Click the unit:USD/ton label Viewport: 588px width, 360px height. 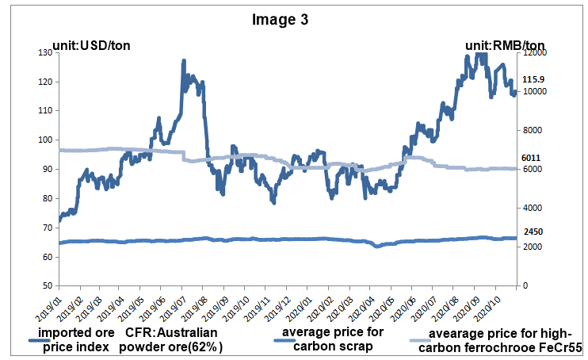click(x=90, y=44)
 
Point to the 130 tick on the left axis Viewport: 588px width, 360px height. click(x=44, y=52)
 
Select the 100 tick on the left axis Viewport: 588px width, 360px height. click(x=44, y=140)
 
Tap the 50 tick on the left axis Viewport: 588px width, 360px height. click(x=46, y=285)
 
